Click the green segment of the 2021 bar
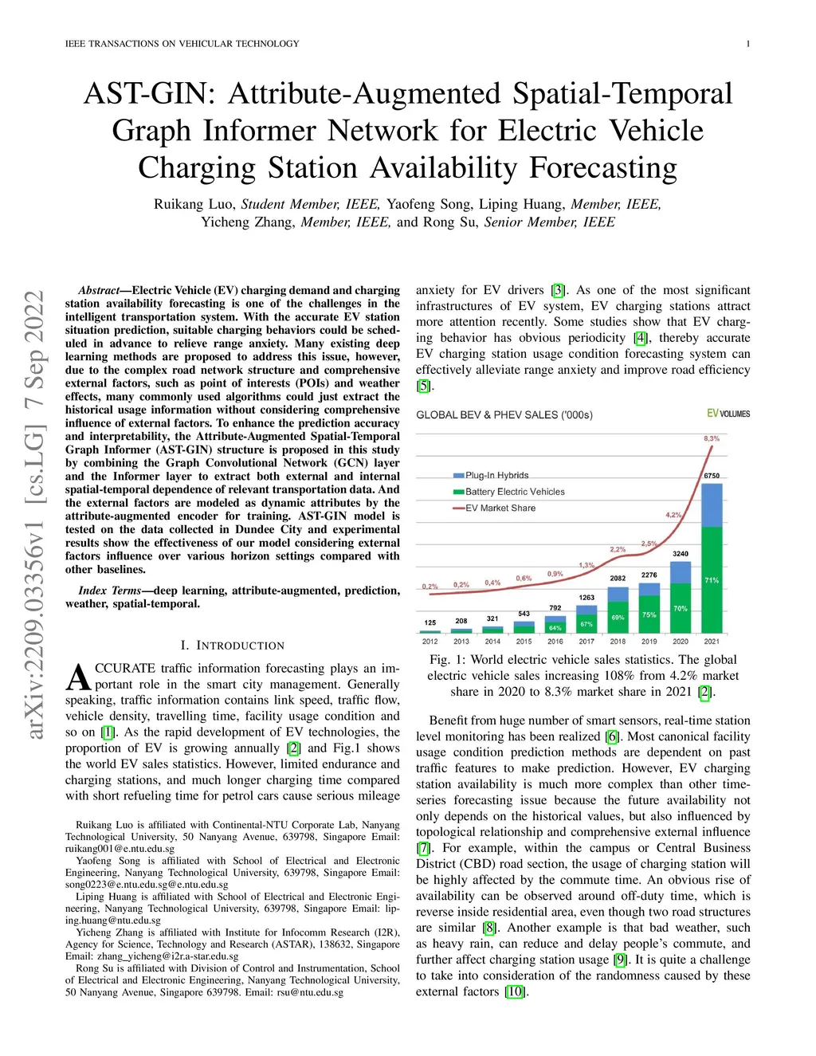pyautogui.click(x=712, y=579)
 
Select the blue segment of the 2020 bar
pyautogui.click(x=681, y=572)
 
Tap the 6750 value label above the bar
pyautogui.click(x=712, y=476)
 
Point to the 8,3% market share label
pyautogui.click(x=712, y=438)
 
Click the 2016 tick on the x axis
pyautogui.click(x=555, y=641)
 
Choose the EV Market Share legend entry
pyautogui.click(x=500, y=508)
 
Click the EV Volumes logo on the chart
pyautogui.click(x=728, y=414)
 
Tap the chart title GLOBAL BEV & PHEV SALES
pyautogui.click(x=504, y=414)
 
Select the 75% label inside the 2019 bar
pyautogui.click(x=649, y=614)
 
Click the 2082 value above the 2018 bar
pyautogui.click(x=618, y=578)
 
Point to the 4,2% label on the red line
pyautogui.click(x=673, y=515)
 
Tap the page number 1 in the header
pyautogui.click(x=747, y=44)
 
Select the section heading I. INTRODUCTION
pyautogui.click(x=232, y=646)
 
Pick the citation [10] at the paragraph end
pyautogui.click(x=516, y=991)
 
